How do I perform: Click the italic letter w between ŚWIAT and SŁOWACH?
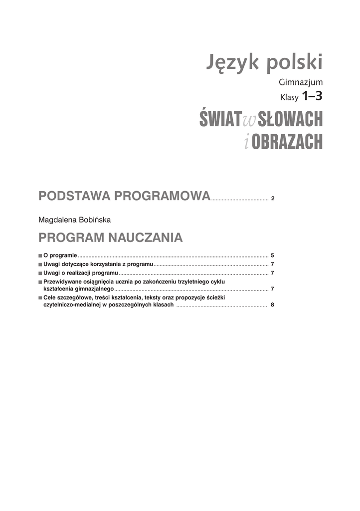point(248,120)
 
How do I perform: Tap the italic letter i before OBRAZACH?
point(246,142)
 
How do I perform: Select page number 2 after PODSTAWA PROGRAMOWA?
point(273,199)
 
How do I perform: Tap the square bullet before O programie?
point(40,255)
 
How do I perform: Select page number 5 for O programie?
point(273,255)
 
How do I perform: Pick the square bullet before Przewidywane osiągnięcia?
point(40,282)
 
